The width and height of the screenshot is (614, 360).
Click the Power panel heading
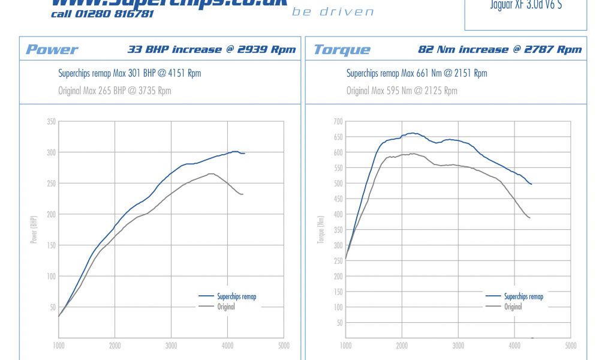point(52,50)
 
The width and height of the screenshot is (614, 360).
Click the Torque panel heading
point(342,50)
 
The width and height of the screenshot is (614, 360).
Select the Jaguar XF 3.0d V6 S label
point(526,5)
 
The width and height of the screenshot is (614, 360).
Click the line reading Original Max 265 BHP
point(115,91)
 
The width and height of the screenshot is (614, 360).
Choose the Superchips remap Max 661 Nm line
point(417,74)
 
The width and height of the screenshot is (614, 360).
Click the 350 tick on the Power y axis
point(51,122)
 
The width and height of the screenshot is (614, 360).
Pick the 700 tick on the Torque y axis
point(338,122)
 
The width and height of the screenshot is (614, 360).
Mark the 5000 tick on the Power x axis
point(284,346)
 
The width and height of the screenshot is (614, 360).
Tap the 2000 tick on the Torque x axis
point(402,346)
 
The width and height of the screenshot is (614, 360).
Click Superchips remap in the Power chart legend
point(236,296)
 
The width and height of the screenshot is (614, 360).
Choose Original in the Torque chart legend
point(513,307)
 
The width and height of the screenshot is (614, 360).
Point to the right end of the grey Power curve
point(243,194)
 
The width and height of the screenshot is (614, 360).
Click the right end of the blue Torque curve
point(531,184)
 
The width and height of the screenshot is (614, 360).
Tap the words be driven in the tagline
point(333,12)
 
